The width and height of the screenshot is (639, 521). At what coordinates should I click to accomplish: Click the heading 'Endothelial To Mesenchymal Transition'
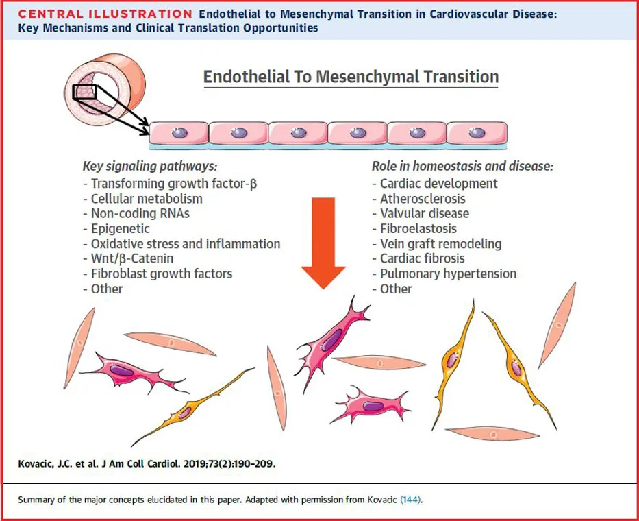point(351,76)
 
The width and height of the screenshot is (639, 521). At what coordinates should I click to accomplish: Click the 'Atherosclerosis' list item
point(422,198)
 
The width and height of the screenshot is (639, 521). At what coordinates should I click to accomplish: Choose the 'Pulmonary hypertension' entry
point(448,274)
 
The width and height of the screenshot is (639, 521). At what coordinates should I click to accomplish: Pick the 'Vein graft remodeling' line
point(440,243)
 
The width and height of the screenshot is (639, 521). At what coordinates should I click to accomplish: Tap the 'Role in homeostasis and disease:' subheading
point(462,166)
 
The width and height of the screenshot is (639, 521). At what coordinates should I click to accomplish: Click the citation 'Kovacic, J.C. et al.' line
point(147,464)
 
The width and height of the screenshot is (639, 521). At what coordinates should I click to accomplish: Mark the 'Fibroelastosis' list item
point(418,228)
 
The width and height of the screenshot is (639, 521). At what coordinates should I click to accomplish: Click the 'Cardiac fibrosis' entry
point(422,258)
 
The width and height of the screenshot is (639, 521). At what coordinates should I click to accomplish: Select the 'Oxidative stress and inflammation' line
point(185,243)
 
